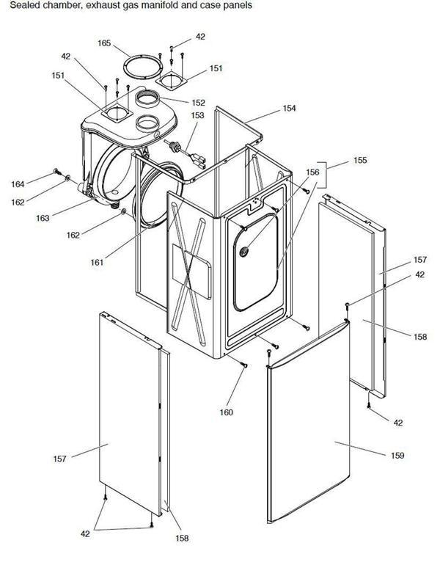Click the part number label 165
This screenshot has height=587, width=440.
coord(103,44)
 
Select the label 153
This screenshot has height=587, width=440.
coord(197,115)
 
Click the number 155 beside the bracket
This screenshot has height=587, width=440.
coord(360,159)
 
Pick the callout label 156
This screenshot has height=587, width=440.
coord(312,172)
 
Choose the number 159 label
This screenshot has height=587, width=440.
coord(397,456)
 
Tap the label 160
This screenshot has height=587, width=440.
coord(226,412)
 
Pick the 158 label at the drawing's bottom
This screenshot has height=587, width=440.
coord(182,539)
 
